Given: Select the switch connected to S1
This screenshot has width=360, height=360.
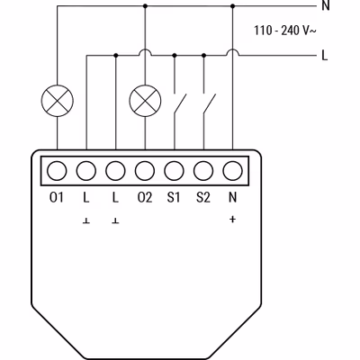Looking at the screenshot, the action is tap(180, 103).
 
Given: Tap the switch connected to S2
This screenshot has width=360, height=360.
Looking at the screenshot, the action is tap(210, 103).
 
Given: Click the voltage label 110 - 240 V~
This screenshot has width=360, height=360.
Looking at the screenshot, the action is tap(285, 31).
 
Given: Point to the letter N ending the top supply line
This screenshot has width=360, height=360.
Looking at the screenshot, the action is tap(326, 5).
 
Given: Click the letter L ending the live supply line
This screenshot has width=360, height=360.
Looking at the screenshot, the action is tap(325, 55).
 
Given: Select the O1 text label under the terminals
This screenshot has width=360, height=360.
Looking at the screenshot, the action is tap(57, 197).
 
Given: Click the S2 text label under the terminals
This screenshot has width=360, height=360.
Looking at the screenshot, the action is tap(203, 197).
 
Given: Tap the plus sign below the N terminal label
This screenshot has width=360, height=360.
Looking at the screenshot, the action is tap(232, 220).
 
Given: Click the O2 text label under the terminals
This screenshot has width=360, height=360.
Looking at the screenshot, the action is tap(145, 197).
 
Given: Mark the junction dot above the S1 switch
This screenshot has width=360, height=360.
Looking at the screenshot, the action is tap(175, 56).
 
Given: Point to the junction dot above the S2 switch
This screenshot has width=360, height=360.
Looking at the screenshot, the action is tap(203, 56).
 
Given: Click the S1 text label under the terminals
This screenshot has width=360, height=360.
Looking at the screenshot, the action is tap(174, 197).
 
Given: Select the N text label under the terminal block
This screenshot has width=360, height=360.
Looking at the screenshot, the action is tap(232, 197).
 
